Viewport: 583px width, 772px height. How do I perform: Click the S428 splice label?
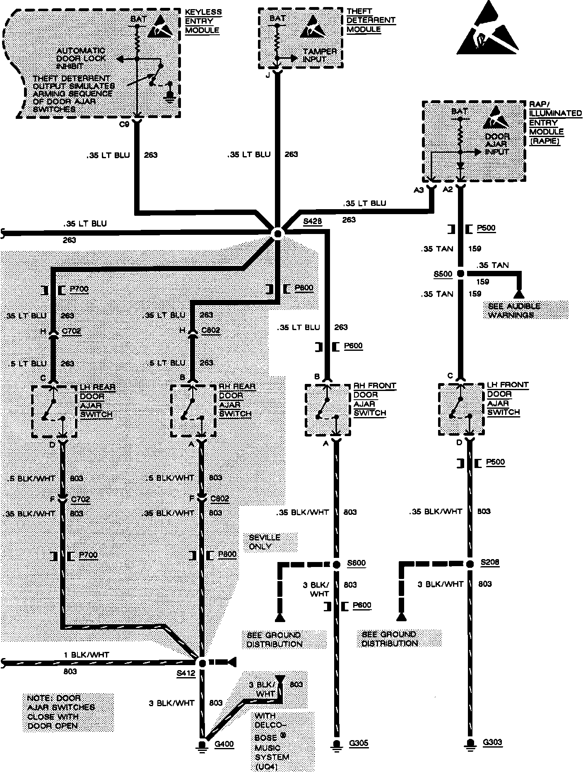click(x=312, y=222)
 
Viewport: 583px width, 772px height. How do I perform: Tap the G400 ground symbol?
click(x=202, y=745)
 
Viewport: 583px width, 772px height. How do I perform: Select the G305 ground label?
click(x=359, y=743)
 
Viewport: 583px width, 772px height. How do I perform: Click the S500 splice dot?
click(x=460, y=274)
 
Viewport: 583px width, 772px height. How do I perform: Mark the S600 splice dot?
click(x=337, y=564)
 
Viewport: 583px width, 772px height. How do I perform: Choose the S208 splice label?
click(x=490, y=562)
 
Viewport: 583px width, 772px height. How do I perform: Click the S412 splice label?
click(x=185, y=673)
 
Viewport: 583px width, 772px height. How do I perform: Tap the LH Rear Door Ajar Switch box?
click(x=54, y=411)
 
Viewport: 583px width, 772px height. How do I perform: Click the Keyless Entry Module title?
click(x=203, y=21)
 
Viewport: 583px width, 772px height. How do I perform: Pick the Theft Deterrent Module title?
click(x=371, y=20)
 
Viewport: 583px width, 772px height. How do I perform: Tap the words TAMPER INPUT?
click(x=319, y=55)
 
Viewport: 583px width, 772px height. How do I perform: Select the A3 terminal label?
click(x=419, y=190)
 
